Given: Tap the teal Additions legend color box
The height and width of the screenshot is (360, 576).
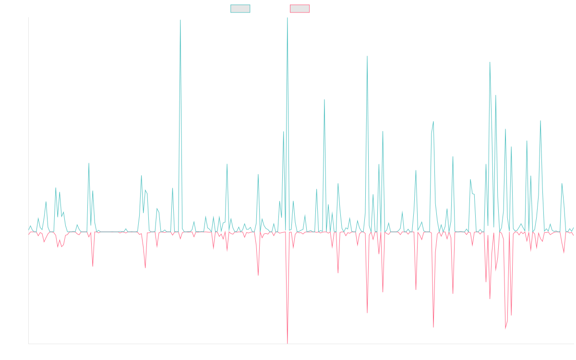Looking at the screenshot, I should (x=240, y=9).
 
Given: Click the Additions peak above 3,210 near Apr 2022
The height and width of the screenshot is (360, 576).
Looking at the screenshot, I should (x=180, y=20).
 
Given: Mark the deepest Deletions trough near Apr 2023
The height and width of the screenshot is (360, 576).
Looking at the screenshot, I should (x=288, y=343).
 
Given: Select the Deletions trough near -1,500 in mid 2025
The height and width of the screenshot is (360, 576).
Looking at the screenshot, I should (x=505, y=329).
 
